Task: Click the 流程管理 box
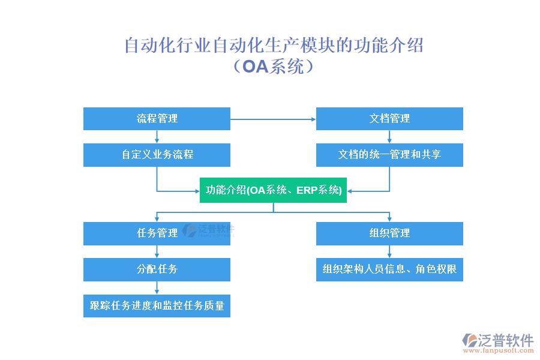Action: [x=157, y=119]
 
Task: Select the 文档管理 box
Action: [x=389, y=119]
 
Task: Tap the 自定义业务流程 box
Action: [x=157, y=155]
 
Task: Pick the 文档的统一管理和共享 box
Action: [x=389, y=155]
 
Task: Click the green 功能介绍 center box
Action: [x=273, y=190]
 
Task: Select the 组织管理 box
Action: [x=389, y=233]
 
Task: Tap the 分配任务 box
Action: [x=157, y=269]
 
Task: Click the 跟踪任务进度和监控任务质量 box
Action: [x=157, y=305]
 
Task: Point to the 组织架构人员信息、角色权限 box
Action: [x=389, y=269]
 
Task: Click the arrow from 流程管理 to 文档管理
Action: [x=273, y=119]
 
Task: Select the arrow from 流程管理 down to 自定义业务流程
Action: [x=157, y=137]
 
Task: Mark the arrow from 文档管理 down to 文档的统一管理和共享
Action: [x=389, y=137]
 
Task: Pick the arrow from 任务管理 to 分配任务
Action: [x=157, y=252]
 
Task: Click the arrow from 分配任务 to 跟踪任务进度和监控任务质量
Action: [x=157, y=288]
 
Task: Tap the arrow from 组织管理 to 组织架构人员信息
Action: [x=389, y=252]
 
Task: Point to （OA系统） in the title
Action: [x=273, y=66]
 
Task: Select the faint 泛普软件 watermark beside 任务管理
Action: [x=209, y=230]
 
